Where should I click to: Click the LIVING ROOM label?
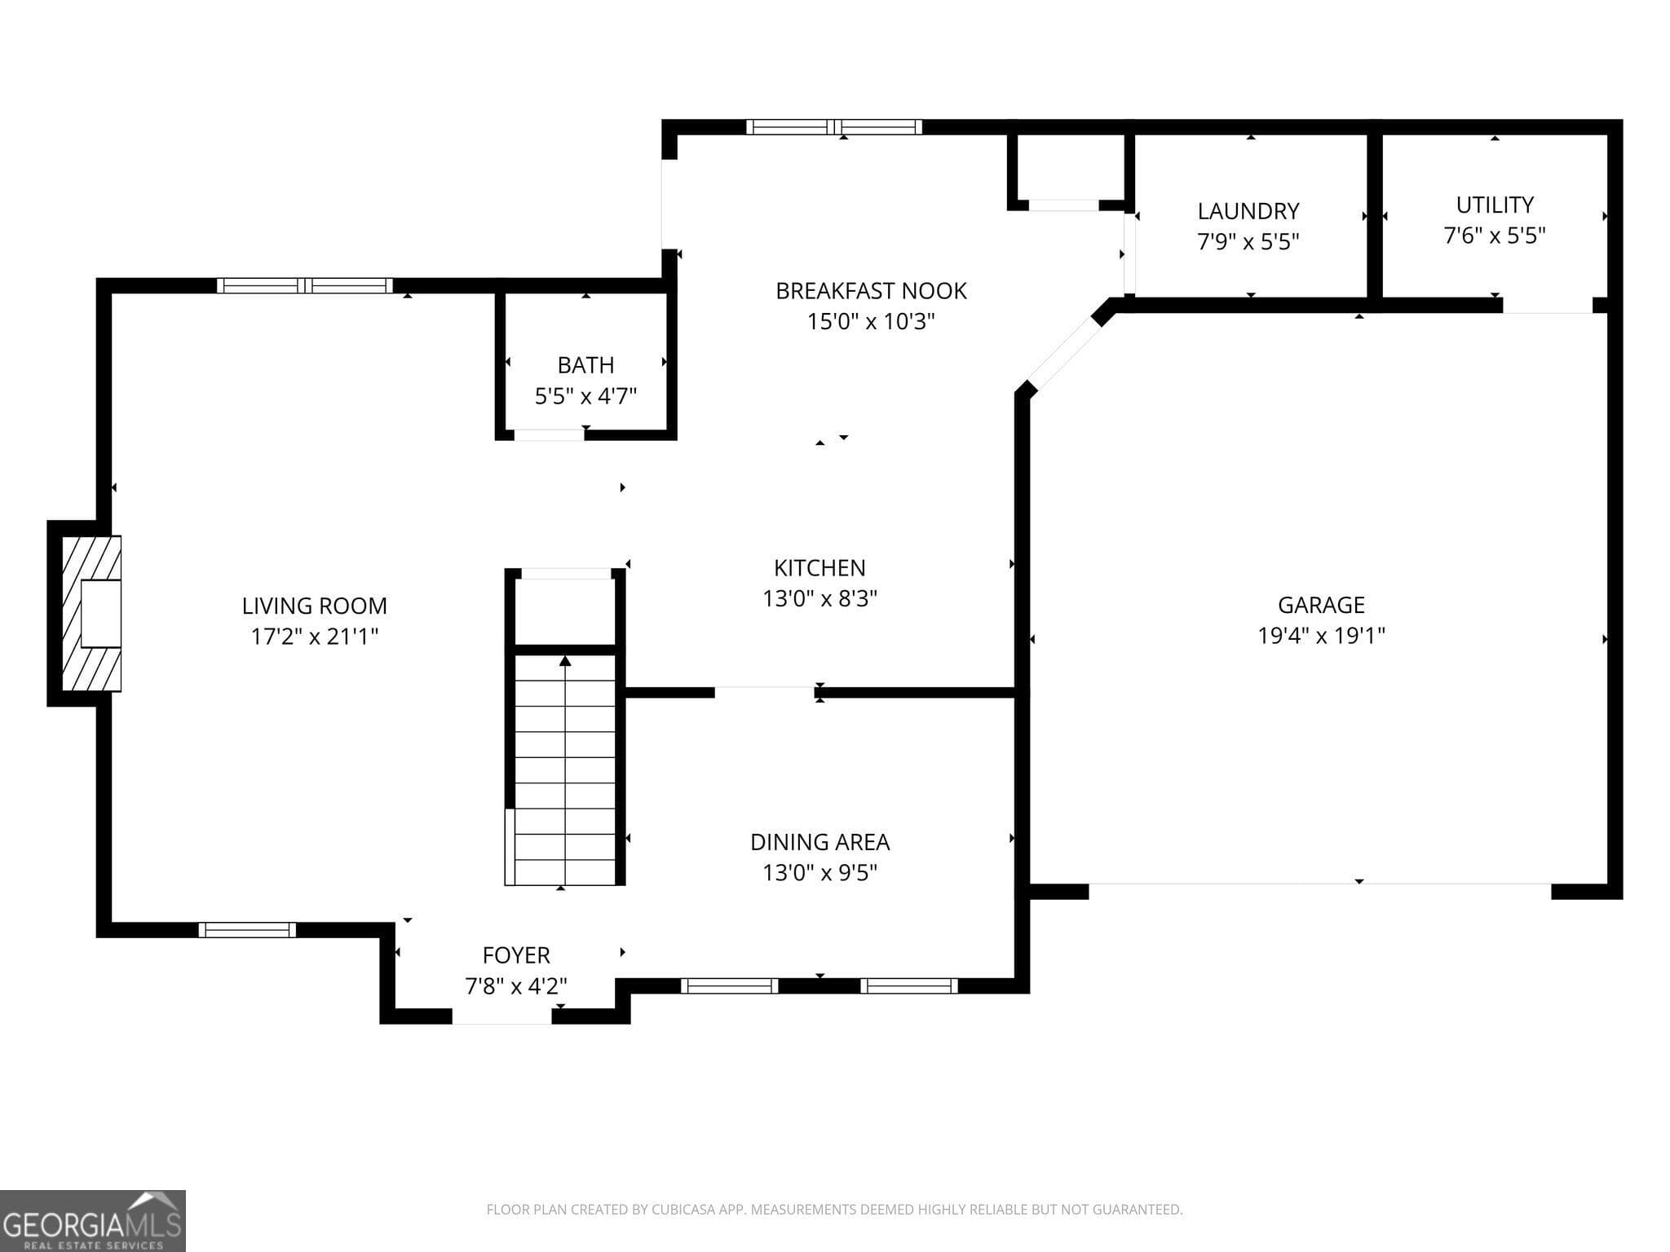click(314, 606)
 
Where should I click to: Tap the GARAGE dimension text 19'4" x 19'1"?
click(1321, 635)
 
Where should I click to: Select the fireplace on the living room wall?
click(91, 613)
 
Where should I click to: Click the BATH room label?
click(585, 364)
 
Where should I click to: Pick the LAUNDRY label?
click(1248, 211)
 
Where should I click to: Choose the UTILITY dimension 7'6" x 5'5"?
click(1494, 236)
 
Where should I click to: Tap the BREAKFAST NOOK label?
click(871, 291)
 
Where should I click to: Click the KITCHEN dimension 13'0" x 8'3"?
click(820, 598)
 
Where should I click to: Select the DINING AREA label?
click(820, 842)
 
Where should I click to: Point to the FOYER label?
click(516, 954)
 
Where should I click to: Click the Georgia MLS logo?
click(93, 1221)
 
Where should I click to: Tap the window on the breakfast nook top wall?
click(834, 126)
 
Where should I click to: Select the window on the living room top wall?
click(305, 285)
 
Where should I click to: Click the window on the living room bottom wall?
click(247, 930)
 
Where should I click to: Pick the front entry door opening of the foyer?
click(502, 1016)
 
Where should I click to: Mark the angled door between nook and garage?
click(1064, 353)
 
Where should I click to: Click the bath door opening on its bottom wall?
click(549, 434)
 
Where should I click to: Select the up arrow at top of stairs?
click(564, 661)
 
